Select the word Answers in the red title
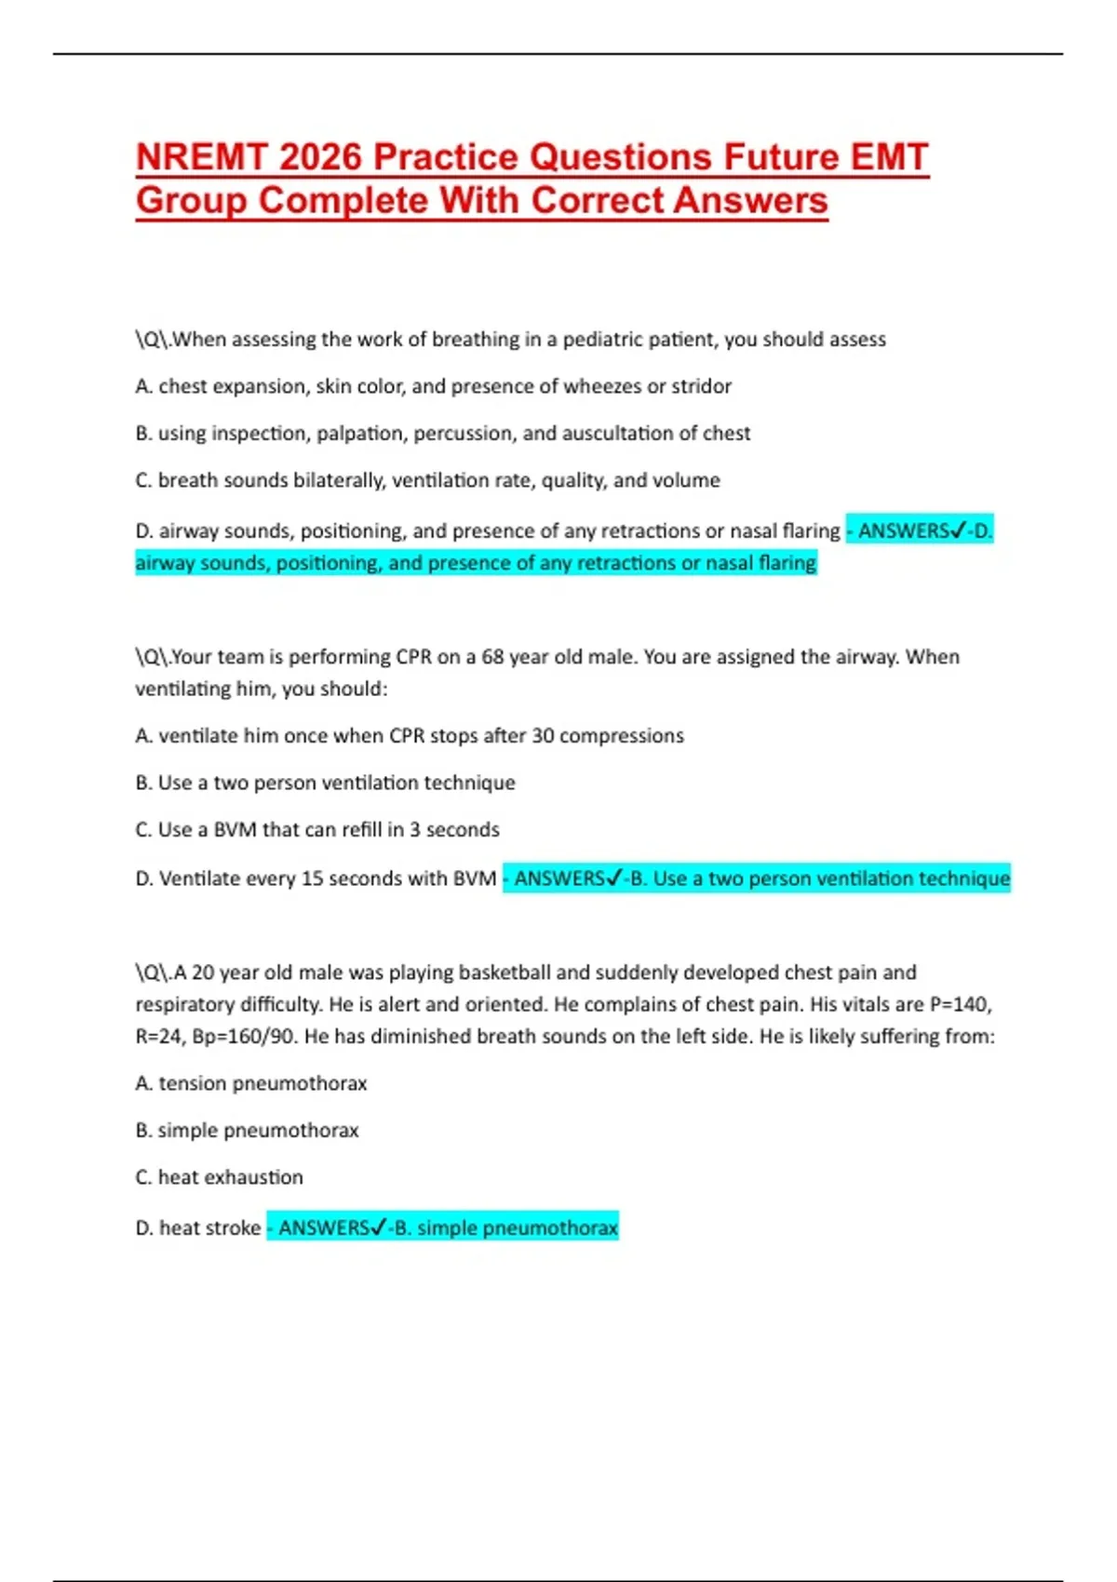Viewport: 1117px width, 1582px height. (750, 201)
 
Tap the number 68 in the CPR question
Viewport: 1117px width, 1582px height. (492, 657)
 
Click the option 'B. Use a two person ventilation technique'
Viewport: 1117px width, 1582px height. (325, 783)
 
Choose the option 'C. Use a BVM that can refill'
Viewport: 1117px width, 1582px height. (317, 830)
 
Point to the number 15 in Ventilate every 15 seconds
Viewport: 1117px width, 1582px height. (313, 878)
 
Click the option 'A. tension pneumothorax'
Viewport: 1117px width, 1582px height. (251, 1083)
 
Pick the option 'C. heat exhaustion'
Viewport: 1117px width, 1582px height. (220, 1177)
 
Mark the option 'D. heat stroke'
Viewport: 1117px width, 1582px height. (198, 1228)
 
